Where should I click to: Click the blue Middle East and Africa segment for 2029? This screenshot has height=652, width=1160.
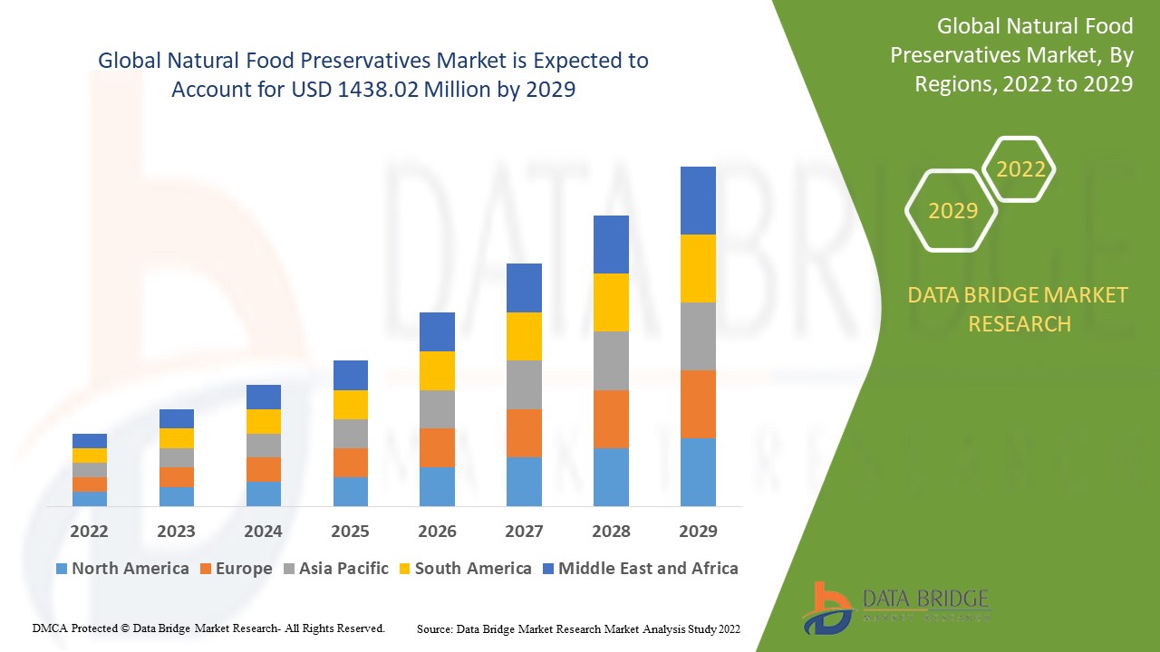point(698,200)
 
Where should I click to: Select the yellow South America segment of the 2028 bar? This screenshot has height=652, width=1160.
point(611,302)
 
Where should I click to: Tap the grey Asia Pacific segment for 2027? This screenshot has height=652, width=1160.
point(524,384)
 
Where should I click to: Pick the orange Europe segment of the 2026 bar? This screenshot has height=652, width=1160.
point(437,447)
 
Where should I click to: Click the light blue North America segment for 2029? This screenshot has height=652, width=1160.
point(698,472)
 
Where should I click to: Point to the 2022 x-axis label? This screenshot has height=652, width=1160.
point(89,531)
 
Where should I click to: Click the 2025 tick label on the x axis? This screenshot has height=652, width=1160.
point(350,531)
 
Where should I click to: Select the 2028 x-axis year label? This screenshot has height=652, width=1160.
point(611,531)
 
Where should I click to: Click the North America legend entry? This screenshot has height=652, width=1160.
point(122,569)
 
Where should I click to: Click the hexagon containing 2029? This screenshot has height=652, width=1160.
point(952,211)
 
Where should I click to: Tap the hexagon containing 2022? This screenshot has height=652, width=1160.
point(1020,169)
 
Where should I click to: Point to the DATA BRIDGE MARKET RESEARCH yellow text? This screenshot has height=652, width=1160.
point(1019,309)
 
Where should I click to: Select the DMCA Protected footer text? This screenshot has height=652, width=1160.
point(208,628)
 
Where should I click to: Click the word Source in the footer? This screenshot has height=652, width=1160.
point(434,628)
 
